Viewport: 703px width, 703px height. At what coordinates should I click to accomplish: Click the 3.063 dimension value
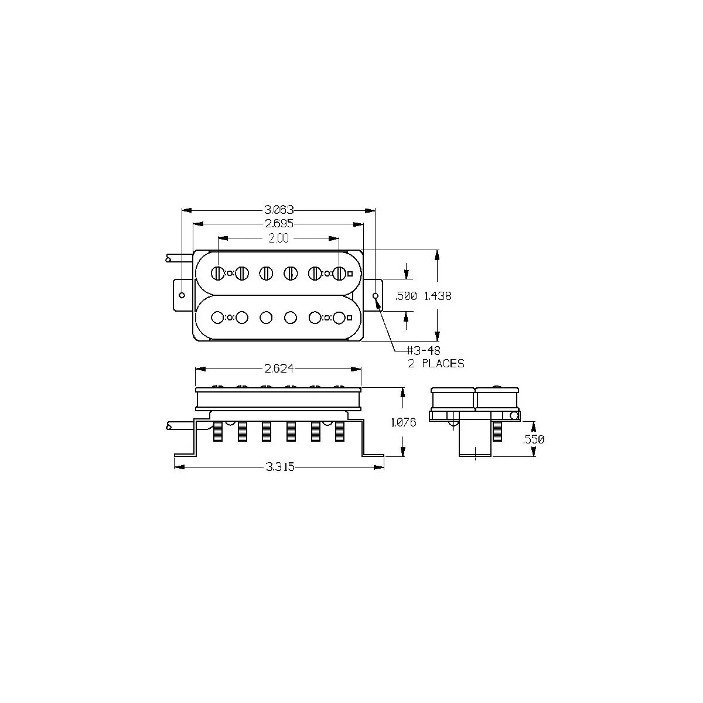pos(279,210)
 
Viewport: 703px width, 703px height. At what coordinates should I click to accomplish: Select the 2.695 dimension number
pos(279,224)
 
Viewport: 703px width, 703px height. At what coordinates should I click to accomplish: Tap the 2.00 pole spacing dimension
pos(279,238)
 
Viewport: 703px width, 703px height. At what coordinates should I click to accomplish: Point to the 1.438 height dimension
pos(438,296)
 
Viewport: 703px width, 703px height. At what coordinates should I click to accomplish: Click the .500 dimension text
pos(406,296)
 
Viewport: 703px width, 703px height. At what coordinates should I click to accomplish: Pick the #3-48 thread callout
pos(424,350)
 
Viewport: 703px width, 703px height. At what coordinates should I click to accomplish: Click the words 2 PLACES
pos(436,363)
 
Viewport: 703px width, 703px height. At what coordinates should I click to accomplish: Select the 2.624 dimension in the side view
pos(279,369)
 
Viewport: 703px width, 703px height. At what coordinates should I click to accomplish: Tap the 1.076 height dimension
pos(404,422)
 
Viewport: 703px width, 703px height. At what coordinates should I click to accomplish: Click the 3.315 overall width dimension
pos(280,467)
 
